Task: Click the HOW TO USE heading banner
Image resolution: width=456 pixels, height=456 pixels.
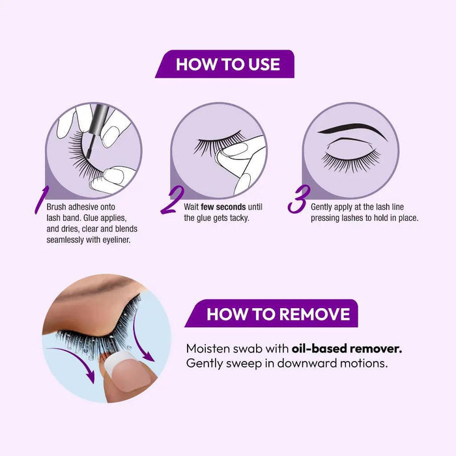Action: [227, 64]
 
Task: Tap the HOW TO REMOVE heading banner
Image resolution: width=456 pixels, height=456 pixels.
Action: [278, 314]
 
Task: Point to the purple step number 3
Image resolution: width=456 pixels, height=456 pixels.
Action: [297, 201]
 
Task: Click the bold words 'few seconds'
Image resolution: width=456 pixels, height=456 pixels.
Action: [223, 207]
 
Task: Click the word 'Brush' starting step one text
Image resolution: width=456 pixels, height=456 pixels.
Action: [57, 207]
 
